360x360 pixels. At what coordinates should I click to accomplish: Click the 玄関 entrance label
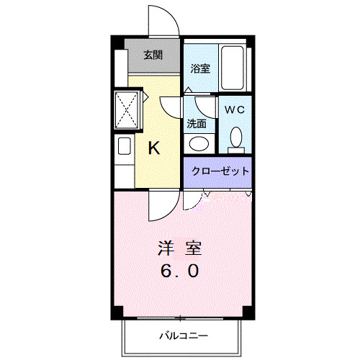[152, 55]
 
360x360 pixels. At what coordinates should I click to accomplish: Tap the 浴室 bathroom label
[200, 69]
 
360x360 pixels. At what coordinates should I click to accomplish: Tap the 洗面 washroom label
[197, 123]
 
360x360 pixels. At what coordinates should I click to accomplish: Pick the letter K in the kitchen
[153, 149]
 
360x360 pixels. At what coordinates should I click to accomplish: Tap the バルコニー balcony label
[183, 336]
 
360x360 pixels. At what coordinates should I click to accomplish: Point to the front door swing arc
[160, 18]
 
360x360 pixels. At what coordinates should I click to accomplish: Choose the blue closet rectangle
[218, 172]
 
